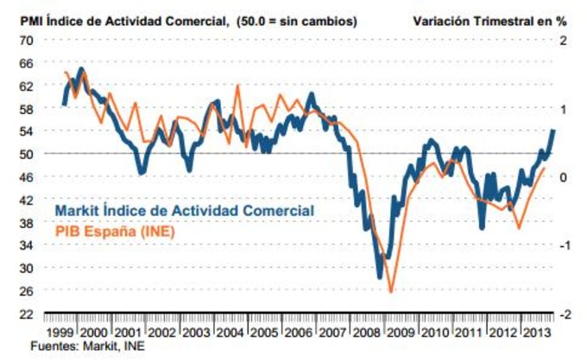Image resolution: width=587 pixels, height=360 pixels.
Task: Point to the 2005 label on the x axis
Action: coord(264,332)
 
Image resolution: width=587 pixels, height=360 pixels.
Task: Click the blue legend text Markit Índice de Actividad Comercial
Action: coord(184,211)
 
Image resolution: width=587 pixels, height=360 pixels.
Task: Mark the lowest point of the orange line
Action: coord(391,293)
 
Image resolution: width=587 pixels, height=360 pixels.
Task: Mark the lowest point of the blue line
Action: coord(379,278)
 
